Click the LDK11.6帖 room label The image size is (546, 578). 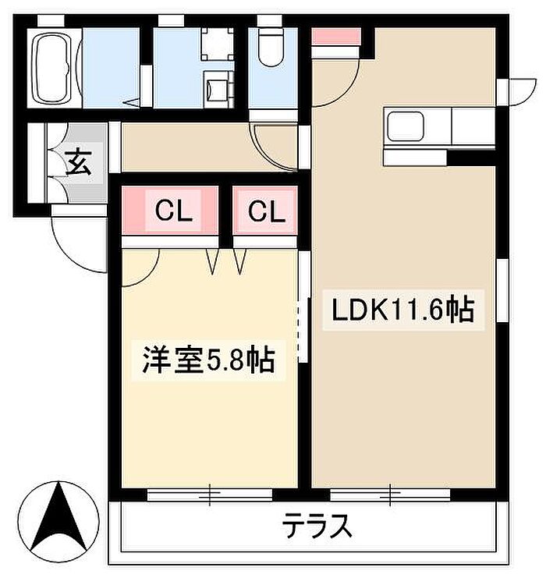pyautogui.click(x=403, y=310)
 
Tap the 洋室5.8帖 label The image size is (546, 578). pyautogui.click(x=209, y=360)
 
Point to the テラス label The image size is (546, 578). pyautogui.click(x=317, y=526)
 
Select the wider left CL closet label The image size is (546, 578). pyautogui.click(x=174, y=211)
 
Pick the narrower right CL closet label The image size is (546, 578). pyautogui.click(x=267, y=211)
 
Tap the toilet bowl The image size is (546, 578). pyautogui.click(x=271, y=48)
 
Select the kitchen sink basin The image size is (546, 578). pyautogui.click(x=405, y=126)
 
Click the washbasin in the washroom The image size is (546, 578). pyautogui.click(x=218, y=90)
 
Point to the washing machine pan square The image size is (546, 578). pyautogui.click(x=218, y=44)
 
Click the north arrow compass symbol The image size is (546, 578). pyautogui.click(x=58, y=522)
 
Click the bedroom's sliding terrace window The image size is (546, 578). pyautogui.click(x=209, y=495)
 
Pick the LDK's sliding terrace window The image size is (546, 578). pyautogui.click(x=390, y=495)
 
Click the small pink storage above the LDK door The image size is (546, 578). pyautogui.click(x=335, y=37)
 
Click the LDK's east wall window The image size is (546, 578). pyautogui.click(x=502, y=290)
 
